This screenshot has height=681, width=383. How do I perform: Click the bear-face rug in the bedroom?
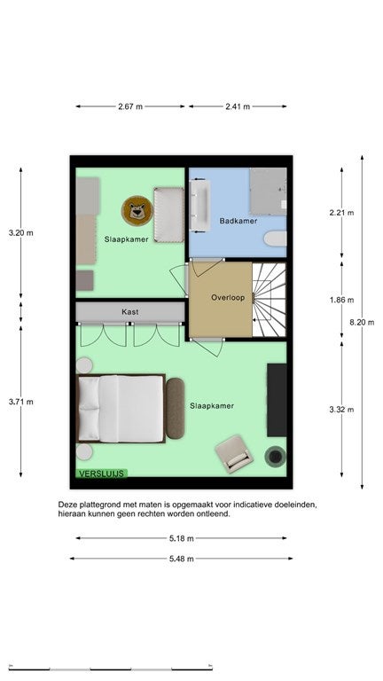(x=137, y=211)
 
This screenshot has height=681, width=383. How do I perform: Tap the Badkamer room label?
(x=238, y=221)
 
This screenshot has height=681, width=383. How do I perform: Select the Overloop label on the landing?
(x=228, y=298)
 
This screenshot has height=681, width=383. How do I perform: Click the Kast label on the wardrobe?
(x=129, y=312)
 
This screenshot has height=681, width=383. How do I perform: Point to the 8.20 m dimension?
(x=362, y=322)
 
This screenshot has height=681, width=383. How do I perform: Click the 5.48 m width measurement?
(x=182, y=559)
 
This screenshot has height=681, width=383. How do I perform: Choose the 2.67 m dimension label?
(x=130, y=106)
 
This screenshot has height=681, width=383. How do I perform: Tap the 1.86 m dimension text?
(x=341, y=300)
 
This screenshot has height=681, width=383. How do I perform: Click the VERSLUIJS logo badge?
(x=102, y=474)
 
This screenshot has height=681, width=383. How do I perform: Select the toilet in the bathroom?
(x=276, y=239)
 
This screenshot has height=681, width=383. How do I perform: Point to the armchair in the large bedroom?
(x=234, y=454)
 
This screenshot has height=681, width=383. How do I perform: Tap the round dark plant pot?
(x=276, y=457)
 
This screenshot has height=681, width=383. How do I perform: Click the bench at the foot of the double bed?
(x=175, y=408)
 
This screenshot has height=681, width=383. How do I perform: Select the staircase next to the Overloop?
(x=270, y=300)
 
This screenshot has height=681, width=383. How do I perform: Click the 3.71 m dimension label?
(x=21, y=403)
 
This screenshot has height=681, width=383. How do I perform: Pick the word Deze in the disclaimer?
(x=66, y=505)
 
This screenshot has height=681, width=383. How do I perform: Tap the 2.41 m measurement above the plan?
(x=238, y=106)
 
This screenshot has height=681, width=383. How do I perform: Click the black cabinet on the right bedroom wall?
(x=277, y=400)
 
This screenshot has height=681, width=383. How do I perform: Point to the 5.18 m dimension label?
(x=182, y=538)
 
